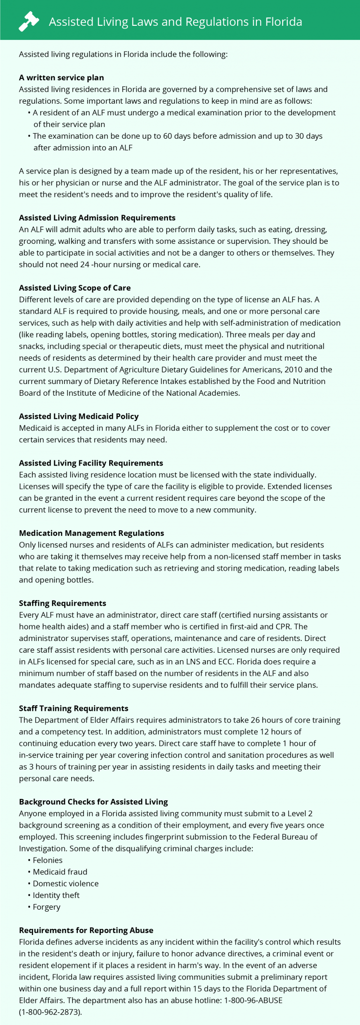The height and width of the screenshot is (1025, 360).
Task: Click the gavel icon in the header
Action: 29,22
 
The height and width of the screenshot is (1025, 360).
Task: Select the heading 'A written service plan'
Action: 61,77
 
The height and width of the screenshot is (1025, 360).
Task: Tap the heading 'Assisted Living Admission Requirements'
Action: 97,218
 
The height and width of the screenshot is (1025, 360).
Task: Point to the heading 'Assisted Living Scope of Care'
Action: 75,288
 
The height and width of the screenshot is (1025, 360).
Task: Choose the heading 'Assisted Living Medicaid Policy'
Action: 79,416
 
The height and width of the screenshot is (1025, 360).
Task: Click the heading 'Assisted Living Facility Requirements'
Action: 91,463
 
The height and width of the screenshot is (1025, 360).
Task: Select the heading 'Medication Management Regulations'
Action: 91,533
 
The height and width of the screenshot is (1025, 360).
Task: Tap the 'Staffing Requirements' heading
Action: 62,603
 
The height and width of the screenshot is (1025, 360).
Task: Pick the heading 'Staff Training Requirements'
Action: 74,708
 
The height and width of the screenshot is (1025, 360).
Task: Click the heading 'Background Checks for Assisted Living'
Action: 93,802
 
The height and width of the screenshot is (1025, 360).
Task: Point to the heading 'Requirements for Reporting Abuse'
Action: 86,930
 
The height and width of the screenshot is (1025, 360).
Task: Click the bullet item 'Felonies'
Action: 47,860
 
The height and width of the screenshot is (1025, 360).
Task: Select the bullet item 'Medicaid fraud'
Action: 60,872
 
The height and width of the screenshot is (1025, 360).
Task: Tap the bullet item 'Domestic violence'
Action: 66,883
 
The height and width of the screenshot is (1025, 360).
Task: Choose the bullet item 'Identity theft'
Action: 56,895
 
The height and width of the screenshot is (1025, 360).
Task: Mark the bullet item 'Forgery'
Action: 46,907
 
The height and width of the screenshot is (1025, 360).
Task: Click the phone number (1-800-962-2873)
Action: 50,1012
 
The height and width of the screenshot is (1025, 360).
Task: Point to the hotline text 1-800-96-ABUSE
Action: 253,1000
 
